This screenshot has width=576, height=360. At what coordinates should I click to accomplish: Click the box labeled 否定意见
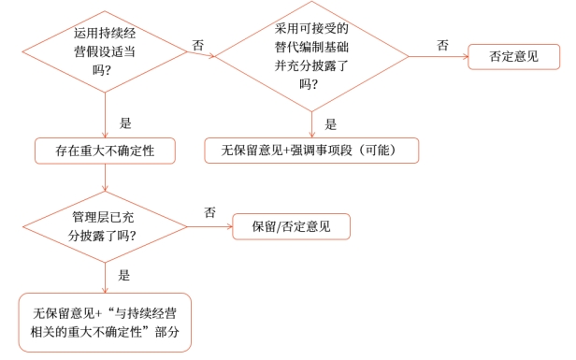click(x=513, y=56)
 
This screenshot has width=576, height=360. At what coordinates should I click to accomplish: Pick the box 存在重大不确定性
click(x=105, y=150)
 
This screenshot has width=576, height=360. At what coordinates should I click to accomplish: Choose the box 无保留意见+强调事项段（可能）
click(x=311, y=150)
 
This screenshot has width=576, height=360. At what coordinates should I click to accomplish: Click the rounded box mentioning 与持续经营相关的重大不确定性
click(x=105, y=324)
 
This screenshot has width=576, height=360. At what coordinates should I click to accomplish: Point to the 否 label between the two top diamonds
click(x=198, y=45)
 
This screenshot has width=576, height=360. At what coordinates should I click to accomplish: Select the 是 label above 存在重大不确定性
click(x=126, y=122)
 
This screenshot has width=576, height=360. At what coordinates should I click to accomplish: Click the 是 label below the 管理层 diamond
click(x=123, y=275)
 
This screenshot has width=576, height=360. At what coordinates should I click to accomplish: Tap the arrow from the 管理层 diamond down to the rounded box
click(x=106, y=276)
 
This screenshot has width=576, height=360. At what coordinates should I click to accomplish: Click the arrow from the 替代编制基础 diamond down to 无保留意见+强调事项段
click(x=311, y=124)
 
